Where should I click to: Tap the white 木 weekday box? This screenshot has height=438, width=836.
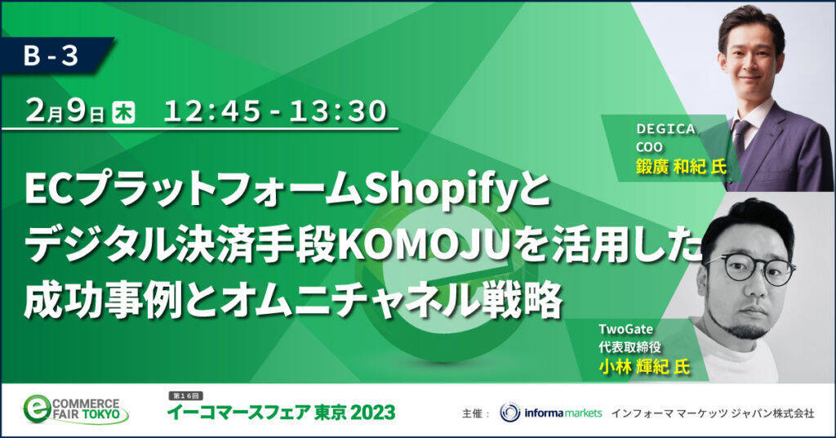123,113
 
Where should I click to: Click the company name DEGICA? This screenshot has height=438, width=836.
665,129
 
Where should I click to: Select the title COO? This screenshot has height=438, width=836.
649,147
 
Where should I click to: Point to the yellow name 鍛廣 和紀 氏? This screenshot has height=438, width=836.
681,168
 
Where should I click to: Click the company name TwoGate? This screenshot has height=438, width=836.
625,328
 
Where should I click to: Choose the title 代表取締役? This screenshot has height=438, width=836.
629,347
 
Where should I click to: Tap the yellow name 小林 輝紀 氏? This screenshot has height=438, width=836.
644,367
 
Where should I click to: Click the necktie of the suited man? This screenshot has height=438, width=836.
740,136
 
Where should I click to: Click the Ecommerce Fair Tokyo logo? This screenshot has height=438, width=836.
75,409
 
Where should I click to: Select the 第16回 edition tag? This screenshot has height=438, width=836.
186,396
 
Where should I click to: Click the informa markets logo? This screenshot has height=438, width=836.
551,413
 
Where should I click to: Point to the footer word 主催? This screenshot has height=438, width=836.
471,413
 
